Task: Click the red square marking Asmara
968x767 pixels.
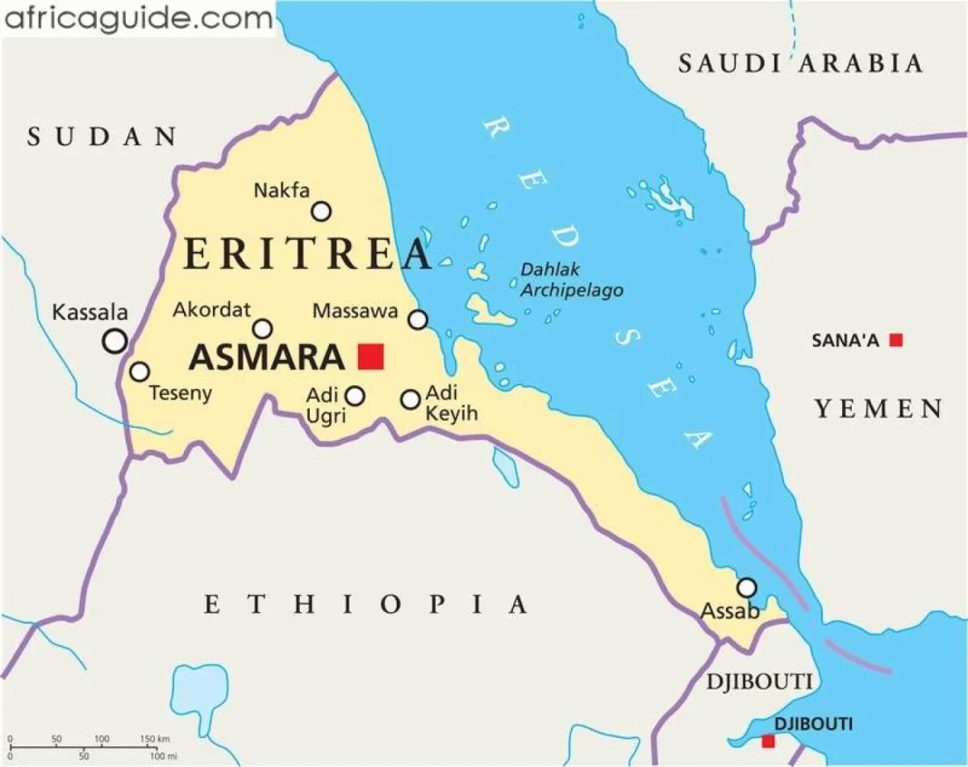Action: click(371, 356)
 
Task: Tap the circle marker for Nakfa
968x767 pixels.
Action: click(322, 212)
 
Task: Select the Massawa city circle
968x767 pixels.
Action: click(418, 320)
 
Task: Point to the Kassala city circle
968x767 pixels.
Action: click(115, 341)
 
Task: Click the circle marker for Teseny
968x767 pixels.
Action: click(140, 371)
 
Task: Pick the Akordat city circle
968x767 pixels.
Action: click(263, 329)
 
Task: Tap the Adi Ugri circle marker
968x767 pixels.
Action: click(355, 396)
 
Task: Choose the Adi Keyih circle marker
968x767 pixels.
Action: click(411, 399)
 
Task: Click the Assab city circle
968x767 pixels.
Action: click(748, 587)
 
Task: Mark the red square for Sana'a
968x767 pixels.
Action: click(895, 340)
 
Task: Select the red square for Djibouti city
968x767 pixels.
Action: click(768, 740)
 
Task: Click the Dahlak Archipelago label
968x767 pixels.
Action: click(571, 279)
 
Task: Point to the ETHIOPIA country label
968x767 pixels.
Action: click(365, 604)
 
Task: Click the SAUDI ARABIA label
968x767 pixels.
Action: click(799, 63)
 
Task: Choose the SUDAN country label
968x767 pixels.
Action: click(102, 136)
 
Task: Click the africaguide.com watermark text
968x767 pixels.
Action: click(138, 18)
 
